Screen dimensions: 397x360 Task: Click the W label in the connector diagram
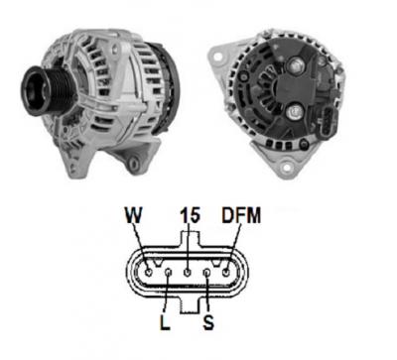[134, 215]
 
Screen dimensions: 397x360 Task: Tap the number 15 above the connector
[191, 215]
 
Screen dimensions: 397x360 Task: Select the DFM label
[241, 215]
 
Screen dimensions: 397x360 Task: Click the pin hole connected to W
[149, 273]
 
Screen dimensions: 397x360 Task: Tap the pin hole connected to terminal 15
[188, 273]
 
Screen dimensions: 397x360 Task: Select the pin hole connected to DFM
[226, 273]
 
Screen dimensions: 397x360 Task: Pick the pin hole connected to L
[169, 273]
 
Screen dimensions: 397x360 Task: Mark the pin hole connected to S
[207, 273]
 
